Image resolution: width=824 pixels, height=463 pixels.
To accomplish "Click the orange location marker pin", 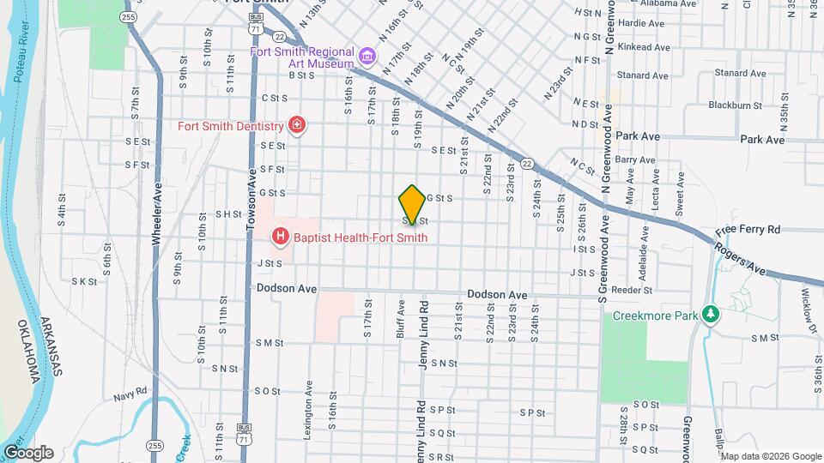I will point(412,204).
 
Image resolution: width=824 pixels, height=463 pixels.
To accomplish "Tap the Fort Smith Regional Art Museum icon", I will point(367,57).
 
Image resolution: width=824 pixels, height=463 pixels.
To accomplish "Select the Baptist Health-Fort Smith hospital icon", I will point(280,234).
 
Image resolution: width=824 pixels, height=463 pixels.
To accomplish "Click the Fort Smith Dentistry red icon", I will point(297,126).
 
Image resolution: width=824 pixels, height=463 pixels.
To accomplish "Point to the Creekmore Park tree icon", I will point(709,315).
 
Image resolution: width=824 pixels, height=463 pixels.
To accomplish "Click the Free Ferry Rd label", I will point(748,231).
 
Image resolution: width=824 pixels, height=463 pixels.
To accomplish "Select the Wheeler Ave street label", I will point(158,214).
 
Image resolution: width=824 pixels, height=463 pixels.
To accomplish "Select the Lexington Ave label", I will point(308,410).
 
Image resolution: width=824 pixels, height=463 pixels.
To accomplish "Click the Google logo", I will point(28,453).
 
